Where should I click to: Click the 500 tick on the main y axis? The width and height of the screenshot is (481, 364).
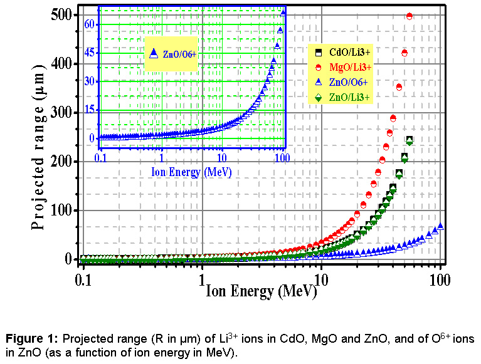point(65,15)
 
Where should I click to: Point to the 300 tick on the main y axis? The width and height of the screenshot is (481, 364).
point(65,113)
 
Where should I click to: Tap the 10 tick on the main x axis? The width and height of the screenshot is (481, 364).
point(320,276)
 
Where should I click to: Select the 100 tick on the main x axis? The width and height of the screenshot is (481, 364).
point(440,276)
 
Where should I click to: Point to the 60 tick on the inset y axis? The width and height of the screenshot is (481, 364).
point(90,24)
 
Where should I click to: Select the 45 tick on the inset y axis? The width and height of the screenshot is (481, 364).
point(90,53)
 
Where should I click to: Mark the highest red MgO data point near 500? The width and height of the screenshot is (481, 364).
point(410,16)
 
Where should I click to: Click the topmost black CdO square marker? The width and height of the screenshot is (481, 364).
point(410,140)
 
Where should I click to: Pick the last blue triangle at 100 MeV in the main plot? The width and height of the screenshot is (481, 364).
point(440,226)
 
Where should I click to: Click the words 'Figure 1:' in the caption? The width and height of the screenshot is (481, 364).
point(29,339)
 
